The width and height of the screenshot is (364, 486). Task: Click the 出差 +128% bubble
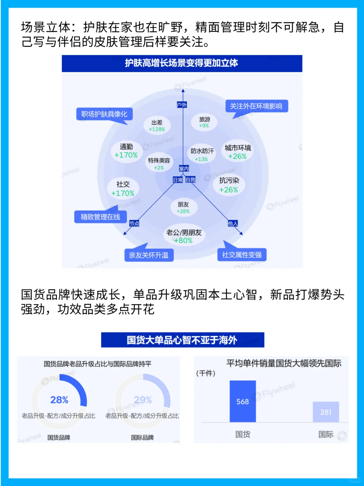pyautogui.click(x=157, y=126)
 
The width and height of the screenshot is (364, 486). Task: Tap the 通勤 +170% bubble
pyautogui.click(x=126, y=151)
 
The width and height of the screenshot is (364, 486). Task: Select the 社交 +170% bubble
pyautogui.click(x=123, y=189)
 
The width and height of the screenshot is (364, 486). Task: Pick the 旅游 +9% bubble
pyautogui.click(x=204, y=122)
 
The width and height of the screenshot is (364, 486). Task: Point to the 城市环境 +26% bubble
pyautogui.click(x=238, y=152)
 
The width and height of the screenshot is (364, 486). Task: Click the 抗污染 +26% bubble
pyautogui.click(x=229, y=185)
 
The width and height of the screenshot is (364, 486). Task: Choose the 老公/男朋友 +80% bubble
pyautogui.click(x=184, y=236)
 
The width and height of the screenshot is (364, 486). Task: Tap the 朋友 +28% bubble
pyautogui.click(x=183, y=207)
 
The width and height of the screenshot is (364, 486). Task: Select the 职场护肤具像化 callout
pyautogui.click(x=104, y=114)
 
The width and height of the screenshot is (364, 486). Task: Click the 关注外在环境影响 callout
pyautogui.click(x=256, y=106)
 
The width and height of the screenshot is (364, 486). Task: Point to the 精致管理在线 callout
pyautogui.click(x=100, y=217)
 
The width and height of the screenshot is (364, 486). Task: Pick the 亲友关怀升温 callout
pyautogui.click(x=149, y=255)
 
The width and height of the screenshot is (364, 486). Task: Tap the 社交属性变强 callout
pyautogui.click(x=242, y=255)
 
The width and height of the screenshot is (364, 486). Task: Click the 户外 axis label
pyautogui.click(x=182, y=105)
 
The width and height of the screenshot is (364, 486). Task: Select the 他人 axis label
pyautogui.click(x=233, y=223)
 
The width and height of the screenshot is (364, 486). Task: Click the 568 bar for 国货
pyautogui.click(x=243, y=401)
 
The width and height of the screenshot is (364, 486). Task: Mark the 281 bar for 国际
pyautogui.click(x=326, y=412)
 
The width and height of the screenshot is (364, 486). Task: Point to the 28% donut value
pyautogui.click(x=59, y=400)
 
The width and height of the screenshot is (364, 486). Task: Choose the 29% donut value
pyautogui.click(x=143, y=400)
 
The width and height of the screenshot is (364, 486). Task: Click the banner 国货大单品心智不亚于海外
pyautogui.click(x=182, y=340)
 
